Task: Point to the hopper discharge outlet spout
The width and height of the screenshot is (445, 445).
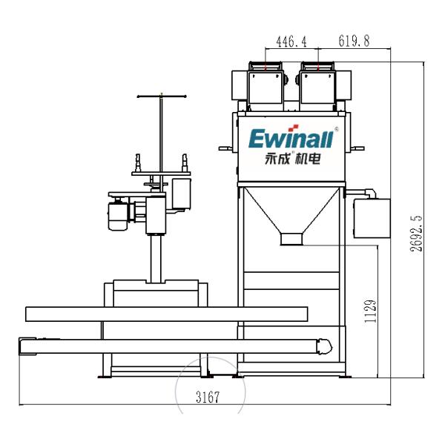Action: (x=291, y=240)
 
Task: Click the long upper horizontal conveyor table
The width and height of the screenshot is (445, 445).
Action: (x=166, y=314)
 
